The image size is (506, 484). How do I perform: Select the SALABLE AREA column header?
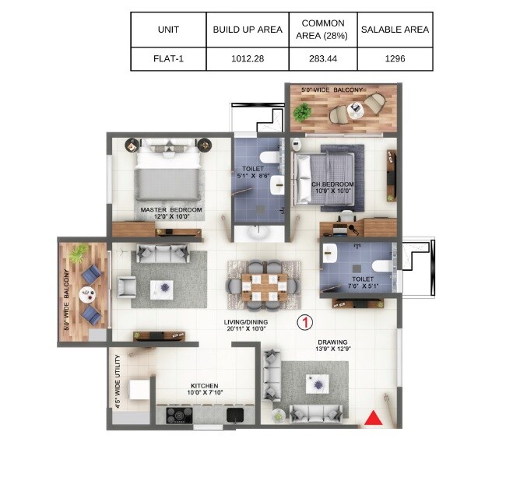coord(395,30)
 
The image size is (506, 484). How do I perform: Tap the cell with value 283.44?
coord(322,58)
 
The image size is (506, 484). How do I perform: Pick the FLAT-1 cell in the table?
coord(168,58)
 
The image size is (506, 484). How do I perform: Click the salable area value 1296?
coord(395,58)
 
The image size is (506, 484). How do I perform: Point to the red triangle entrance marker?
coord(374,419)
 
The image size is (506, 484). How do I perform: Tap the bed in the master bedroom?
coord(170,174)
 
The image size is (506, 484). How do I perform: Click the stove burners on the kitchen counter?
coord(180,416)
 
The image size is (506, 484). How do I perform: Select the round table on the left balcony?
coord(86,294)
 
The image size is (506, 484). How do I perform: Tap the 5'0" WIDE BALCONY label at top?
coord(338,91)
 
